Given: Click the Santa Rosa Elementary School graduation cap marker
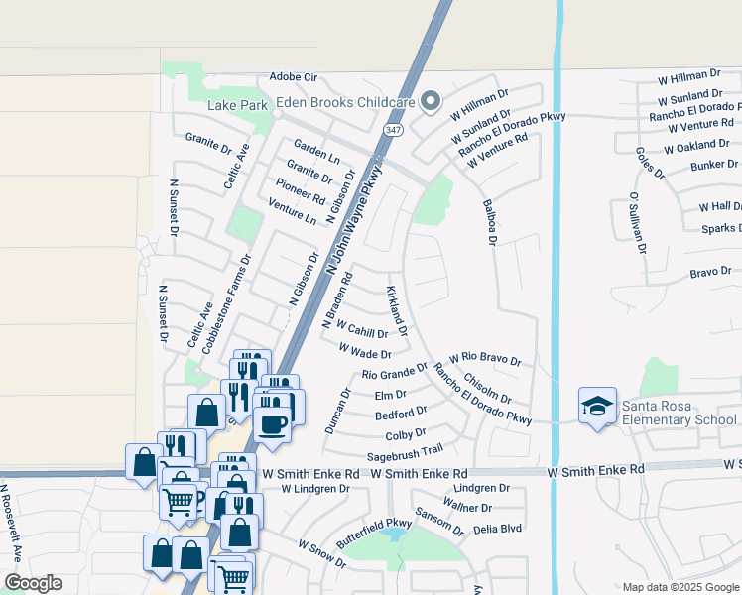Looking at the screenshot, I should (597, 406).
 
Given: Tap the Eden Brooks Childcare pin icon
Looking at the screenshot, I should (430, 101).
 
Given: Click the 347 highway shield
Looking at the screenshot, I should (393, 130).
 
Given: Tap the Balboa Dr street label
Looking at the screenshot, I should (489, 220).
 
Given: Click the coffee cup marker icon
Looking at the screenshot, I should (273, 423).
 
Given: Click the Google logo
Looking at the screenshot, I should (32, 583).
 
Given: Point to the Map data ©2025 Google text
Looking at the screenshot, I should (680, 587).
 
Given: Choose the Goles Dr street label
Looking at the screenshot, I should (651, 164).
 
